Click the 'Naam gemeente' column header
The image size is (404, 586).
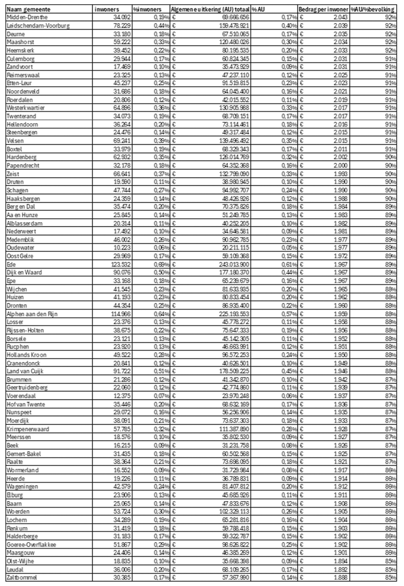coord(29,9)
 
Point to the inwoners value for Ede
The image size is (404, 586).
coord(121,264)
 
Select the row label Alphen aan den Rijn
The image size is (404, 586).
coord(32,314)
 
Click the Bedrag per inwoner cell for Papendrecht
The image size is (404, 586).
coord(340,165)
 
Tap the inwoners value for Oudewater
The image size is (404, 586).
coord(122,248)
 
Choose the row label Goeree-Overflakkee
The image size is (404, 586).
coord(31,544)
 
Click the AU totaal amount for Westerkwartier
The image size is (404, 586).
coord(234,108)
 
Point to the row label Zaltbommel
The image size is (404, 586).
coord(22,577)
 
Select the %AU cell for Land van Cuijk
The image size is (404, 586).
coord(289,371)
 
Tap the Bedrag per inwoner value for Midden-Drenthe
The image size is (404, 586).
coord(340,17)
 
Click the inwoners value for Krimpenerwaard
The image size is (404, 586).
coord(122,429)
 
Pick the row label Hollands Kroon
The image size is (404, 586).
coord(27,355)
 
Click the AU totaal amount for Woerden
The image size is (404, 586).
coord(234,511)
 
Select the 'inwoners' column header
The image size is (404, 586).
coord(107,9)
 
